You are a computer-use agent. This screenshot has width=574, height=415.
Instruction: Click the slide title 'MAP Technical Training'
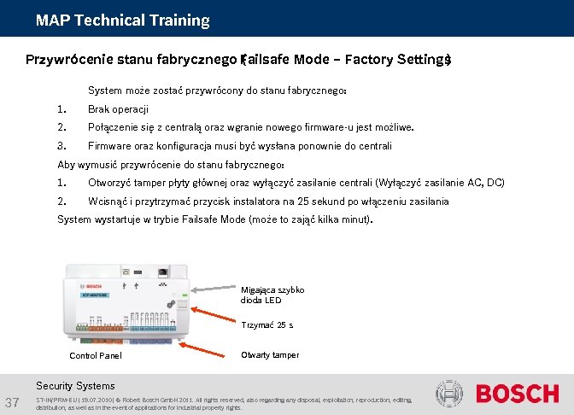(122, 20)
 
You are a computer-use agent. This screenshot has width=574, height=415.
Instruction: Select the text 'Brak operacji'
(118, 109)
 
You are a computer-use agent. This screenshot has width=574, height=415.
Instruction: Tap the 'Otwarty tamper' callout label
(270, 354)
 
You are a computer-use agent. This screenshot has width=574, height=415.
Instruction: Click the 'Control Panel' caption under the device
(95, 355)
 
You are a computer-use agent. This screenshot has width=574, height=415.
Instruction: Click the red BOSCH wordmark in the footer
(517, 395)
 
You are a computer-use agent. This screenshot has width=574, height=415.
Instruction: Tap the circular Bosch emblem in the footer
(451, 395)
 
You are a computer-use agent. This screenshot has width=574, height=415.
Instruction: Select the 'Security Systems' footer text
(76, 386)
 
